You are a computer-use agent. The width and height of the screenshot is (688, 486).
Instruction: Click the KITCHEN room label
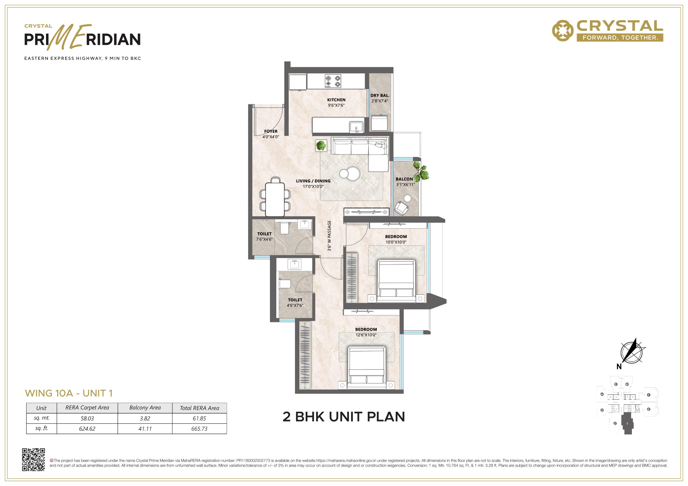(336, 100)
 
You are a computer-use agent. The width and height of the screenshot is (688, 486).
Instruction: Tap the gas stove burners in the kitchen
(333, 81)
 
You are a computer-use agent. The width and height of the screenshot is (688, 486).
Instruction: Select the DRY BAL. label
(380, 96)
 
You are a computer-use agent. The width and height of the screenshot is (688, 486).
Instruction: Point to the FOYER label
(270, 131)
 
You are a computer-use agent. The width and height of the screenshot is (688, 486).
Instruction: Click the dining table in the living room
(275, 197)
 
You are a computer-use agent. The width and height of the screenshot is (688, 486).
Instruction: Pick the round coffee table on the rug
(349, 173)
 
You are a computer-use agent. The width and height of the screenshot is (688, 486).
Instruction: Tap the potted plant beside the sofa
(321, 146)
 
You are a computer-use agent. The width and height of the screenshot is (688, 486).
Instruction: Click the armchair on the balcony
(401, 208)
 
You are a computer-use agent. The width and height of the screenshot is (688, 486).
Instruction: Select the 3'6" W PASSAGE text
(329, 236)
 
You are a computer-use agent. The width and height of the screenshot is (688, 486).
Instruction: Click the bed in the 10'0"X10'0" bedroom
(396, 281)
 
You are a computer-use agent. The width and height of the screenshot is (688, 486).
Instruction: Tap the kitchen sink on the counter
(356, 127)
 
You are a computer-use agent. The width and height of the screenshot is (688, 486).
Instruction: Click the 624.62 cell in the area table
(87, 429)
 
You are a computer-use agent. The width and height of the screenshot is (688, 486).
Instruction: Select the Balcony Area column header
(145, 408)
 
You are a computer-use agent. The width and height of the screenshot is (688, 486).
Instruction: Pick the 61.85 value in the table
(199, 418)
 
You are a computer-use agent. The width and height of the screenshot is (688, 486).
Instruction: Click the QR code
(34, 460)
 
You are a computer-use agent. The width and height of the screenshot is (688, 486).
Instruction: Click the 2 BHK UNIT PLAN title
(344, 417)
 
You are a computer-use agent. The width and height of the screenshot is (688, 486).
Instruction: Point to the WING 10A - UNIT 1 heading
(69, 393)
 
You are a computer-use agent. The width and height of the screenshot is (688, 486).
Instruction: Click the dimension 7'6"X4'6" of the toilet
(264, 239)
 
